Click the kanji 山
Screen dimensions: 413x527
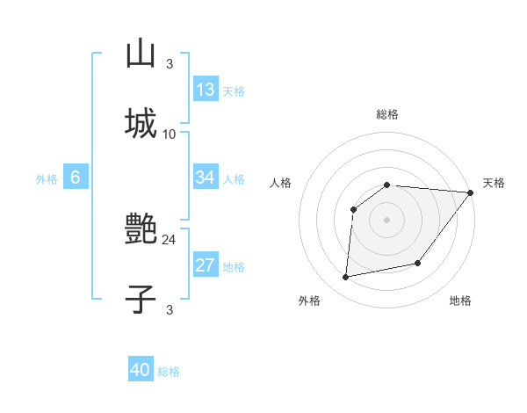[x=141, y=54]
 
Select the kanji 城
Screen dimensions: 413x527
[x=141, y=124]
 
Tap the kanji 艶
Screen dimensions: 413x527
[x=141, y=230]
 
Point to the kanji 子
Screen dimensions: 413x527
[x=141, y=300]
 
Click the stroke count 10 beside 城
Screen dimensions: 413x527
[x=170, y=134]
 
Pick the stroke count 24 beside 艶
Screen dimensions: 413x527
[x=170, y=239]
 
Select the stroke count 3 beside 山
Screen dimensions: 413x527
[x=170, y=63]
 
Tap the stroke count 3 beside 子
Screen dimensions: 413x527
[x=170, y=309]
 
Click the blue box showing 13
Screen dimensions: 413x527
[x=206, y=90]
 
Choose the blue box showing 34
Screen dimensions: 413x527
[x=206, y=178]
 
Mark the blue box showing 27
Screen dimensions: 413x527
[x=206, y=265]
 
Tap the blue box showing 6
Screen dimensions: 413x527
[x=76, y=178]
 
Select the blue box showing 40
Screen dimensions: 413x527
[x=141, y=370]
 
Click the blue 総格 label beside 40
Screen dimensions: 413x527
[x=169, y=372]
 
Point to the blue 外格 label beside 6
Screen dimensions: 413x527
[x=47, y=179]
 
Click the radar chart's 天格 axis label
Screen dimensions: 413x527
[x=494, y=183]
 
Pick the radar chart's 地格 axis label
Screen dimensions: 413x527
[x=460, y=301]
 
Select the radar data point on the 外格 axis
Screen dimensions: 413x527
[x=346, y=278]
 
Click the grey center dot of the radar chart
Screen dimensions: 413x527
[x=386, y=219]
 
